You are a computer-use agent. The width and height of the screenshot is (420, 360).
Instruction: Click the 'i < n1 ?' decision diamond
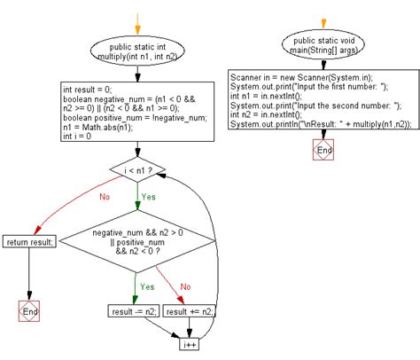[x=138, y=168]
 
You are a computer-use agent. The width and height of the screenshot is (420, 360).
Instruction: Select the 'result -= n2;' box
[x=133, y=312]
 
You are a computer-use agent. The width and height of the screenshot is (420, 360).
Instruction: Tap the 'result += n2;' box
[x=188, y=312]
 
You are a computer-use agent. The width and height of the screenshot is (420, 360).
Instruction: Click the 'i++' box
[x=189, y=342]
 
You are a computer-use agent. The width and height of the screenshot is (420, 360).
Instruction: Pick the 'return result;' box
[x=30, y=242]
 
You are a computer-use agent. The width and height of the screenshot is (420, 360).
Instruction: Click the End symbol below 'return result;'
[x=30, y=312]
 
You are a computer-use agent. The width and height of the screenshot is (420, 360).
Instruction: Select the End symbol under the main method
[x=324, y=150]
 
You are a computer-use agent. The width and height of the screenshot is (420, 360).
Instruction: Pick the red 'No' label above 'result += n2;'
[x=184, y=286]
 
